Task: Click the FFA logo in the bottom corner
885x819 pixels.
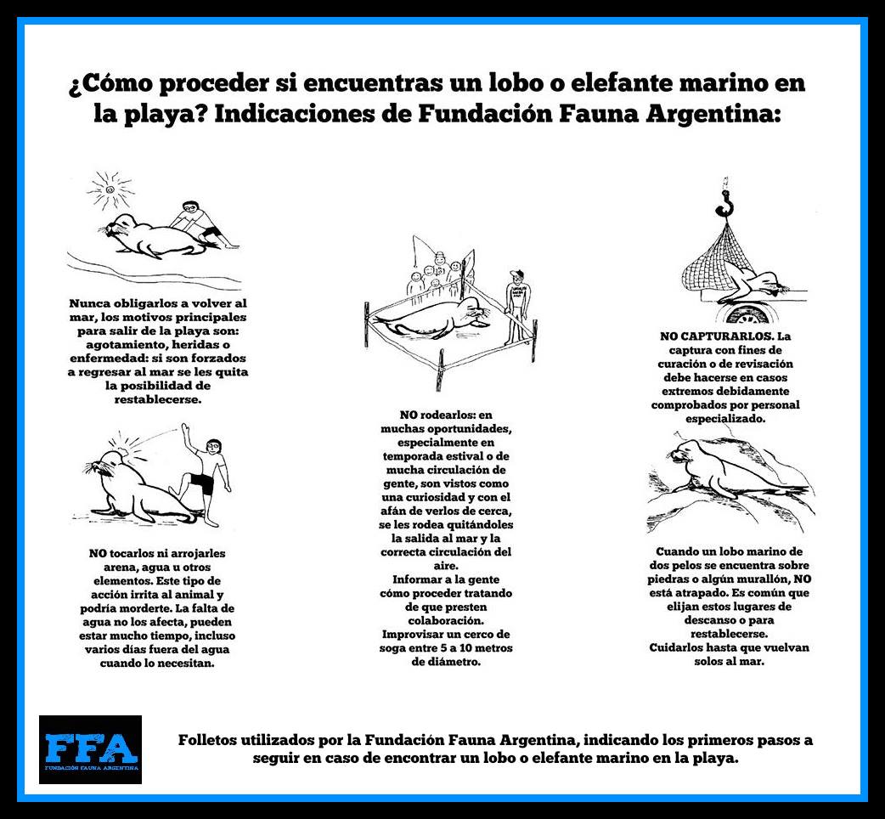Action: tap(90, 749)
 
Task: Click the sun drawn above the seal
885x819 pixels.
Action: tap(110, 189)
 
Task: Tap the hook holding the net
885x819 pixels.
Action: tap(724, 203)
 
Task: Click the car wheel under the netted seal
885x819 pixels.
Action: tap(748, 313)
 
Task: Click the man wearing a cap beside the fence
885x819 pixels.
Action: tap(517, 307)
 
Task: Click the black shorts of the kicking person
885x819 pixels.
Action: tap(201, 483)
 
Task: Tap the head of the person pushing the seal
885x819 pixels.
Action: tap(192, 209)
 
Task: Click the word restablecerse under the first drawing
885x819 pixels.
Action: tap(157, 399)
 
